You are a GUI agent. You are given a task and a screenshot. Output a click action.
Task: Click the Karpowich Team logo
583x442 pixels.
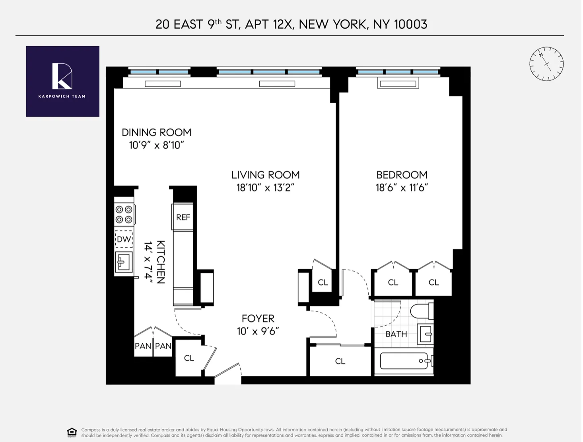tap(62, 81)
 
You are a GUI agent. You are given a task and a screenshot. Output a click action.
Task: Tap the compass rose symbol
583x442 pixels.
tap(546, 64)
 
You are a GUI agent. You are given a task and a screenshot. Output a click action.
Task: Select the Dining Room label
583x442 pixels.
tap(156, 133)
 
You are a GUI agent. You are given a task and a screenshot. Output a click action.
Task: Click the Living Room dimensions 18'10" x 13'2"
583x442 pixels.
tap(265, 188)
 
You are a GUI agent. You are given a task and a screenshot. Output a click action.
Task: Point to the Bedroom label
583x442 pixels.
tap(402, 175)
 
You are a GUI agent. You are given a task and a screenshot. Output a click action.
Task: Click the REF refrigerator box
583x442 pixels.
tap(183, 217)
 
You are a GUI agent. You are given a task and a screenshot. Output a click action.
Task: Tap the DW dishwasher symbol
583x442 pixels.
tap(124, 239)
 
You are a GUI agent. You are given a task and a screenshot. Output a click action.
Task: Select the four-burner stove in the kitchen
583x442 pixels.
tap(124, 214)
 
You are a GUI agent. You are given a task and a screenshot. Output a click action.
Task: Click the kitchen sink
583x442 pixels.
tap(124, 262)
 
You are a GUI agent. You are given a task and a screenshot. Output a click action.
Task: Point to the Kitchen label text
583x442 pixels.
tap(161, 262)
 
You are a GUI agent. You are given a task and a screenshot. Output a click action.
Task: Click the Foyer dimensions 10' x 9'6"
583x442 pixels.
tap(258, 331)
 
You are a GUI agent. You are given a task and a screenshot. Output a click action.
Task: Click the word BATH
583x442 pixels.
tap(396, 334)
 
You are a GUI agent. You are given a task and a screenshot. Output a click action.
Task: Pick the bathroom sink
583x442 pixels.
tap(425, 334)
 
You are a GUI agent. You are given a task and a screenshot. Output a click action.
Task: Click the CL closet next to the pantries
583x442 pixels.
tap(189, 358)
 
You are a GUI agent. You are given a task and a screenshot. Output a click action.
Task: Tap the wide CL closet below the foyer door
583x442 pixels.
tap(340, 361)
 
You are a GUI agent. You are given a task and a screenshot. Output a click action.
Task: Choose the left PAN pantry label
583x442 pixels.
tap(143, 346)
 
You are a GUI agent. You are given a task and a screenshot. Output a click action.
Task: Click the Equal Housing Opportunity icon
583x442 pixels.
tap(72, 432)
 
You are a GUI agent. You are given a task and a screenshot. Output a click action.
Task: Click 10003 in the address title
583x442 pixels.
tap(410, 24)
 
